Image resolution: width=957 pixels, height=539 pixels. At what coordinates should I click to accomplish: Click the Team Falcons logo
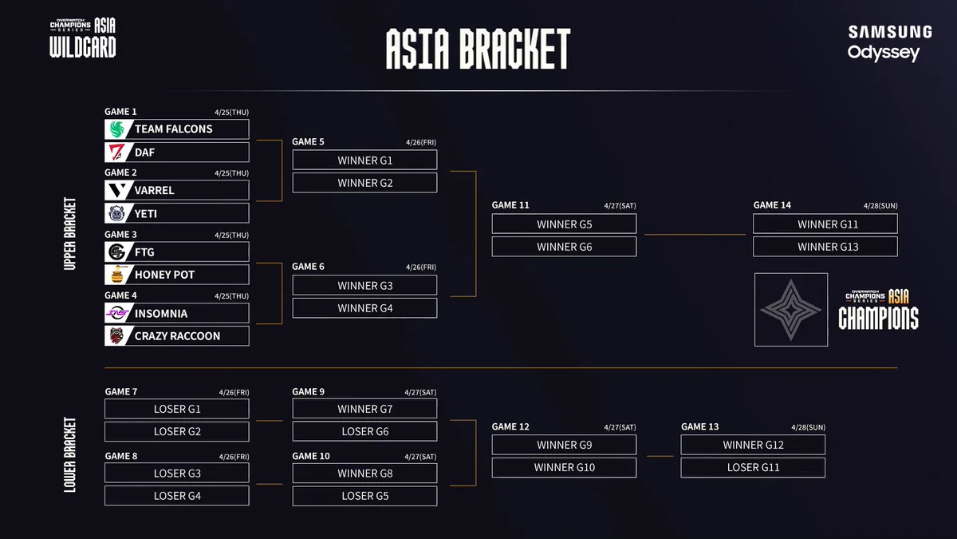pos(116,129)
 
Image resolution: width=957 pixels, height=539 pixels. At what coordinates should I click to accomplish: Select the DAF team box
pos(177,153)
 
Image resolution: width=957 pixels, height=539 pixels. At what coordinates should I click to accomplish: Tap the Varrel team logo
pos(117,190)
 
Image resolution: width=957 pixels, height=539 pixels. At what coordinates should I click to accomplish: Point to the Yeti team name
pos(146,213)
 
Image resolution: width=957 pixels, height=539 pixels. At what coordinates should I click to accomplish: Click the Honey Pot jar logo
pos(117,275)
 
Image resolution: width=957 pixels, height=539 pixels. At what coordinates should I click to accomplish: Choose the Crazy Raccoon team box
pos(177,336)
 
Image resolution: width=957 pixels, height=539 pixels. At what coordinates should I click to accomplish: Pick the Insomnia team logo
pos(117,313)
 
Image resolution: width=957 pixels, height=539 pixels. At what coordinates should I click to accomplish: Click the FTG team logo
pos(116,252)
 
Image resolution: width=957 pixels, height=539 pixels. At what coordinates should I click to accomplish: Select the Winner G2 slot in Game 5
pos(365,183)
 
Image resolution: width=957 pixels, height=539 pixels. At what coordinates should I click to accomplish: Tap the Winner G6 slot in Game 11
pos(564,247)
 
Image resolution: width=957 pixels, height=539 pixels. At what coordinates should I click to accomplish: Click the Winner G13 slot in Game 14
pos(825,247)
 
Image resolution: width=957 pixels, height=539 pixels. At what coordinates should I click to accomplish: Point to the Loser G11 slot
pos(753,468)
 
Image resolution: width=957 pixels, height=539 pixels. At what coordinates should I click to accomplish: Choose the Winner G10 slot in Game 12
pos(564,468)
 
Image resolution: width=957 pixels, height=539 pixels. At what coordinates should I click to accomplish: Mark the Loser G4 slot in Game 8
pos(177,496)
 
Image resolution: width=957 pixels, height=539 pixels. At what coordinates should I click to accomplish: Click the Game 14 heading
pos(772,205)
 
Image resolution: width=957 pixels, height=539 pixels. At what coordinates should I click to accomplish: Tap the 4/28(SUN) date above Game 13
pos(809,427)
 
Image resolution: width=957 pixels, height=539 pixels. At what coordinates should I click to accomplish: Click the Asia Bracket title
pos(478,50)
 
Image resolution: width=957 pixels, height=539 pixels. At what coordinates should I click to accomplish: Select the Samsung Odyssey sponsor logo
pos(890,43)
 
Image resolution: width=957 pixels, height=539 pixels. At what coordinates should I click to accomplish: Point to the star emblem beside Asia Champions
pos(791,310)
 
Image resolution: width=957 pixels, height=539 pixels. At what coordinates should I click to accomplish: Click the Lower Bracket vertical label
pos(69,454)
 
